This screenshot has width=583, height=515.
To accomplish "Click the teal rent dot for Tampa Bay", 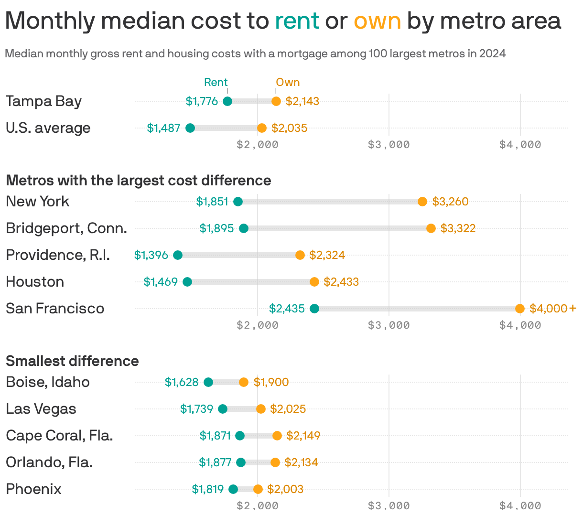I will tap(227, 101).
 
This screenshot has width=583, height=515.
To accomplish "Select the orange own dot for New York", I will tap(422, 202).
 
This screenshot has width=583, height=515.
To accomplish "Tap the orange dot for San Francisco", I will tap(520, 309).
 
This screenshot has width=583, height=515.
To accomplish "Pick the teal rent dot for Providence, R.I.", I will tap(178, 255).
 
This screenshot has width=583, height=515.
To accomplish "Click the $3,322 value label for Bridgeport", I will tap(458, 228).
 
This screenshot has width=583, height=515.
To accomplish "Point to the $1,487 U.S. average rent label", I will tap(163, 128).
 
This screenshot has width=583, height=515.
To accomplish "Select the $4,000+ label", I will tap(553, 309).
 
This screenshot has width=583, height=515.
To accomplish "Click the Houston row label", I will tap(35, 282).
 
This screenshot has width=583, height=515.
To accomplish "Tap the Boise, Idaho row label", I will tap(48, 382).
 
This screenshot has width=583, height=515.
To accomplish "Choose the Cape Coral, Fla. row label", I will tap(59, 436).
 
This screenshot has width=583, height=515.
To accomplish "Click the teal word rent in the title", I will tap(297, 21).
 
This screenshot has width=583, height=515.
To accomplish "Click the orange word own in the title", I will tap(377, 21).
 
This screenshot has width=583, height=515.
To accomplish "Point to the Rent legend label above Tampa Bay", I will tap(216, 82).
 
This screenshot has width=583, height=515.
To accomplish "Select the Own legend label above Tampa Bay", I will tap(288, 82).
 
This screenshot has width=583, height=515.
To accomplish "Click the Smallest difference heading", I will tap(72, 361).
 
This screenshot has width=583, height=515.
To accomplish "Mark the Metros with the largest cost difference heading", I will tap(138, 181).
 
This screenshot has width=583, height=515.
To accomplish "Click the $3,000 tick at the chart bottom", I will tap(389, 505).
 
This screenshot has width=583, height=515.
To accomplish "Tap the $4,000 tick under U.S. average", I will tap(520, 144).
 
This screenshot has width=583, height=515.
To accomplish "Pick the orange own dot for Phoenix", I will tap(258, 489).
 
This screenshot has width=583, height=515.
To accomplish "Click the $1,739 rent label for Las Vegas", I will tap(196, 409).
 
